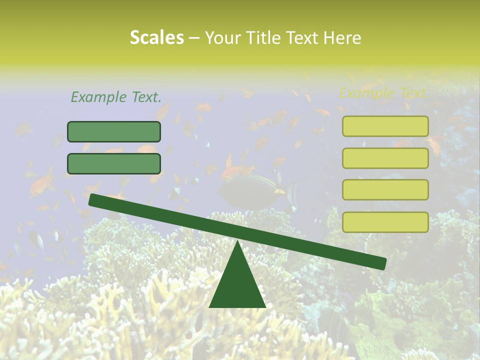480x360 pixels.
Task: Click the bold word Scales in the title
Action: click(156, 38)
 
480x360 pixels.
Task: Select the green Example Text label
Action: click(116, 97)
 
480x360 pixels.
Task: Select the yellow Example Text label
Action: click(383, 92)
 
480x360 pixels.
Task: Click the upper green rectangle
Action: click(114, 131)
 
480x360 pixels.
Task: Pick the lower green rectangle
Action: click(114, 163)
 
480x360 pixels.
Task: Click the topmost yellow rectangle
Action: click(385, 126)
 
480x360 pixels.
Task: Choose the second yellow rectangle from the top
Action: click(385, 158)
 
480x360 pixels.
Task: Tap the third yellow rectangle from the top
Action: click(385, 189)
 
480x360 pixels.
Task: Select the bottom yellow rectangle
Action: click(385, 222)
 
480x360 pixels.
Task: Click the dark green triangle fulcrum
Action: click(237, 285)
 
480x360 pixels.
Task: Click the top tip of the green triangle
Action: click(237, 241)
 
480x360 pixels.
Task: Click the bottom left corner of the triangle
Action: click(210, 306)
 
